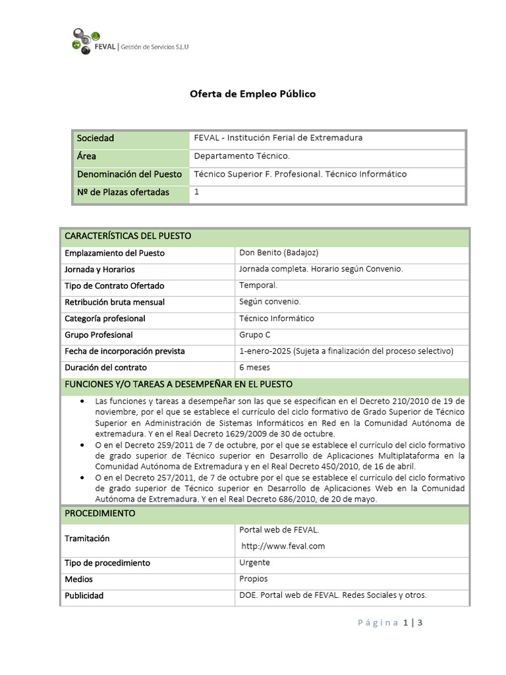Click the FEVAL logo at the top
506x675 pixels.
point(129,42)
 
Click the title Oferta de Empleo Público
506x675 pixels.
point(252,94)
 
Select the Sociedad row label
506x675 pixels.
point(96,138)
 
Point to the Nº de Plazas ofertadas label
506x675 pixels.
point(123,192)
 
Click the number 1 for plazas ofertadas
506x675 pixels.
point(196,191)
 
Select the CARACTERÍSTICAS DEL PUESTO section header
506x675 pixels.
point(128,237)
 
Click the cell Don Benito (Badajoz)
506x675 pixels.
point(270,252)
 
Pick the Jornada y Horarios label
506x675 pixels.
point(99,270)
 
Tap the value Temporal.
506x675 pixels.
point(258,285)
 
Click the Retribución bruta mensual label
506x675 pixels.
point(115,302)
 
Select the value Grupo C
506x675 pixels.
point(255,334)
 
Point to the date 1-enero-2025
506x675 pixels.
point(265,351)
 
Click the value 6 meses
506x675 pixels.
point(254,367)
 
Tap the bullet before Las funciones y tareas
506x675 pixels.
point(81,401)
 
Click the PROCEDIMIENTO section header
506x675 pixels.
point(99,513)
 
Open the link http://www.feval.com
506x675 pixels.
point(283,546)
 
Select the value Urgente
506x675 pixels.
point(254,562)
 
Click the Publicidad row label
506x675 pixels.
point(84,595)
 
